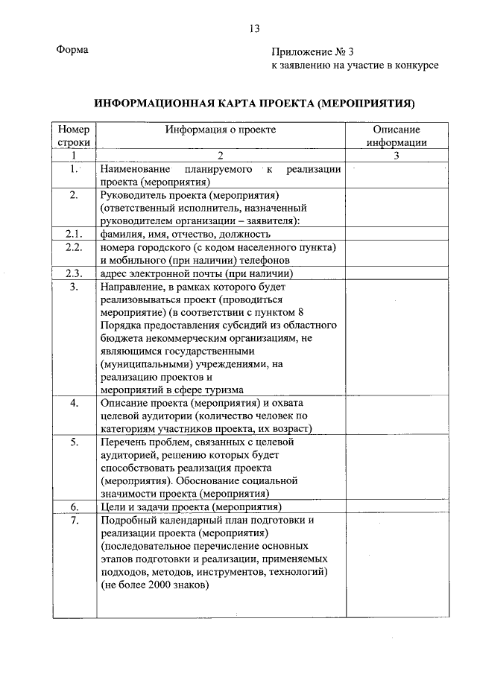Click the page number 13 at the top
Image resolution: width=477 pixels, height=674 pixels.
pyautogui.click(x=255, y=29)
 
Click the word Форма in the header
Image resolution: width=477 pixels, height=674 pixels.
pyautogui.click(x=72, y=50)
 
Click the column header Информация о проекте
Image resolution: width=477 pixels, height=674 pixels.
pyautogui.click(x=221, y=129)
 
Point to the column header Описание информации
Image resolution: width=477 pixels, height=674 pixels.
pyautogui.click(x=396, y=135)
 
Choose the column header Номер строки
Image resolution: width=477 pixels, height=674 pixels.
pyautogui.click(x=74, y=135)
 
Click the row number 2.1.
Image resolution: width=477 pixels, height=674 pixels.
pyautogui.click(x=74, y=234)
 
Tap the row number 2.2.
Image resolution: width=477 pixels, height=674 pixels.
pyautogui.click(x=74, y=247)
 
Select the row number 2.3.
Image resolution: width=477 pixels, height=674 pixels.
pyautogui.click(x=74, y=273)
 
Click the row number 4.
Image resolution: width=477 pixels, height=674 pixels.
pyautogui.click(x=74, y=403)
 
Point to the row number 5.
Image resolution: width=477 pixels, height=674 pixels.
pyautogui.click(x=74, y=442)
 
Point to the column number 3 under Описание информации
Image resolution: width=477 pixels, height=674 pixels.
pyautogui.click(x=396, y=155)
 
